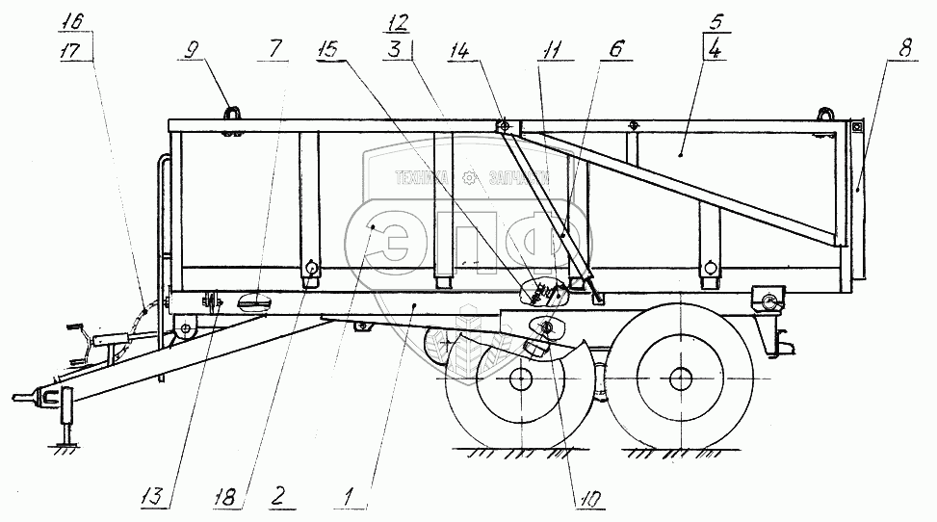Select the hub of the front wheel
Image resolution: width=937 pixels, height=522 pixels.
(x=521, y=378)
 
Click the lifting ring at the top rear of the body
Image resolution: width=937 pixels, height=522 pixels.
(x=825, y=112)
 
